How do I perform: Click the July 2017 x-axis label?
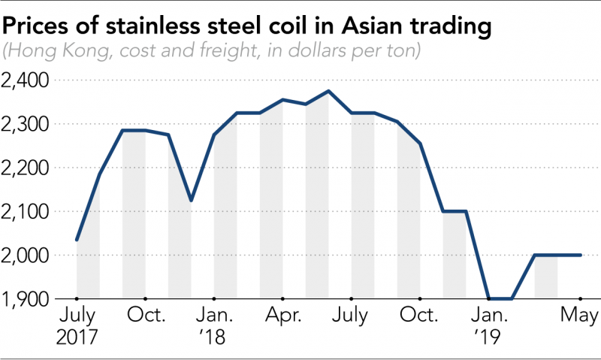pos(77,323)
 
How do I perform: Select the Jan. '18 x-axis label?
pos(214,323)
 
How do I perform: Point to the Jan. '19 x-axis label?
pos(489,323)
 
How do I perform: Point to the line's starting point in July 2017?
pos(77,240)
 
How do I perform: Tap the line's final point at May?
pos(581,255)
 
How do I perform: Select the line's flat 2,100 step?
pos(455,211)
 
